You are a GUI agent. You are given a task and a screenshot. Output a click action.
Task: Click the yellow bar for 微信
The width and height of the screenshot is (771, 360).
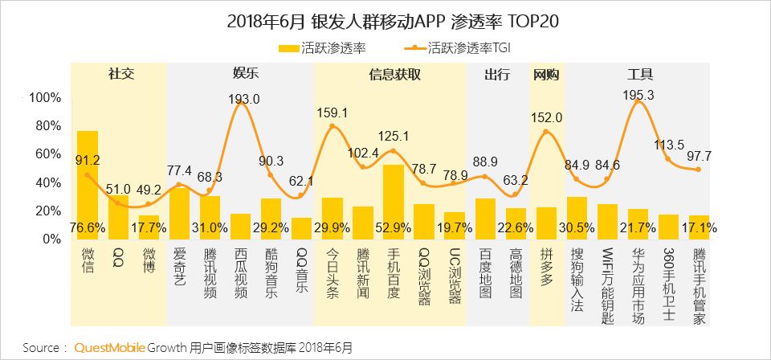(88, 181)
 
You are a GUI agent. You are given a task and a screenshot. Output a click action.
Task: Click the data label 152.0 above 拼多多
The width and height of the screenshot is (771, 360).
(547, 118)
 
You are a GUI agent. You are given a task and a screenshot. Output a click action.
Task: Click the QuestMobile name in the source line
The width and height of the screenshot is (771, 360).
(110, 348)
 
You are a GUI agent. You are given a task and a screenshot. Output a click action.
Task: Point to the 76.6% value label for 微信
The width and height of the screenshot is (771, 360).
(88, 227)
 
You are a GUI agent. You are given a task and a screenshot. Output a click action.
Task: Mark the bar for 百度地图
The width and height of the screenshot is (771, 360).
(485, 218)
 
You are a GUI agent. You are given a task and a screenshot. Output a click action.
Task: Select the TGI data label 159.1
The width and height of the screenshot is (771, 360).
(332, 112)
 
